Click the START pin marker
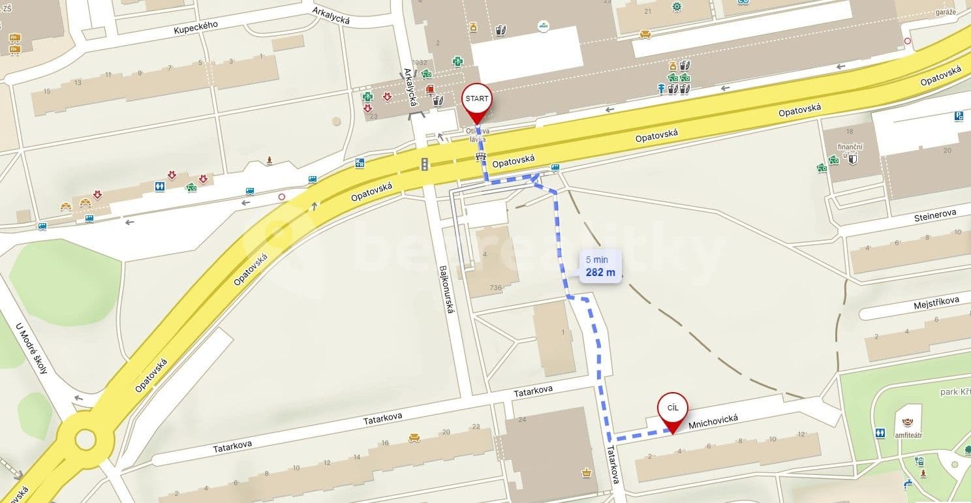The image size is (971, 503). (477, 99)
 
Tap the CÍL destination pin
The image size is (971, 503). (672, 408)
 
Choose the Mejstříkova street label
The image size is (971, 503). (936, 302)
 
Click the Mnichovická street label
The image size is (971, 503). (713, 423)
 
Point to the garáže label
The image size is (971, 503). (945, 11)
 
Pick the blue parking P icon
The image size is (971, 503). (959, 115)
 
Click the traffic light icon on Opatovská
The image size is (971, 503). (424, 164)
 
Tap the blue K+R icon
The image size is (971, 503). (360, 163)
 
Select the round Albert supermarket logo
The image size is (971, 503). (543, 26)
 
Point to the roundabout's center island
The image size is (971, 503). (85, 438)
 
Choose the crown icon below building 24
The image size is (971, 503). (586, 472)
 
